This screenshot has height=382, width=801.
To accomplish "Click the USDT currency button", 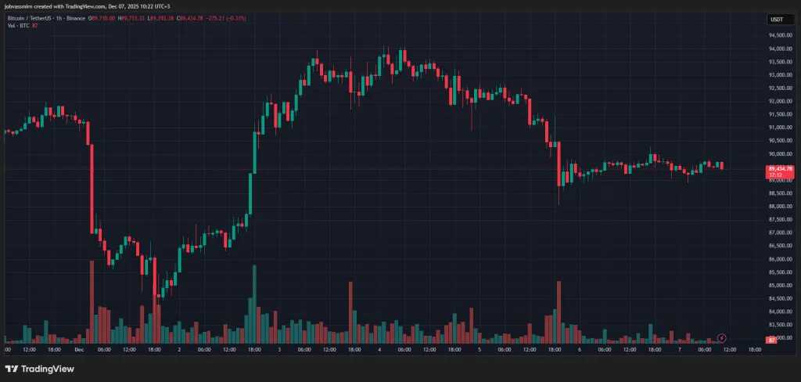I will [778, 20].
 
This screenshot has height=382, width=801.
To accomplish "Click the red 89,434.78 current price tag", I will [781, 168].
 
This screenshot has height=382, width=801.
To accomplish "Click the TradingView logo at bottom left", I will [35, 369].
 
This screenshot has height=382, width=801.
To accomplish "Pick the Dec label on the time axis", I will [79, 350].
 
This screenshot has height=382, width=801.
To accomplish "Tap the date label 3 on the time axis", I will [279, 350].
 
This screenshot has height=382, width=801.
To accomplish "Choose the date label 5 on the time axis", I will [479, 350].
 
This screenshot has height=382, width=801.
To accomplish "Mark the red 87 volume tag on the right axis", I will [773, 340].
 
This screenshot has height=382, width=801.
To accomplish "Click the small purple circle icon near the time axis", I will [722, 337].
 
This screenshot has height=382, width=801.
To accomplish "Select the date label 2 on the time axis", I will [179, 350].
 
